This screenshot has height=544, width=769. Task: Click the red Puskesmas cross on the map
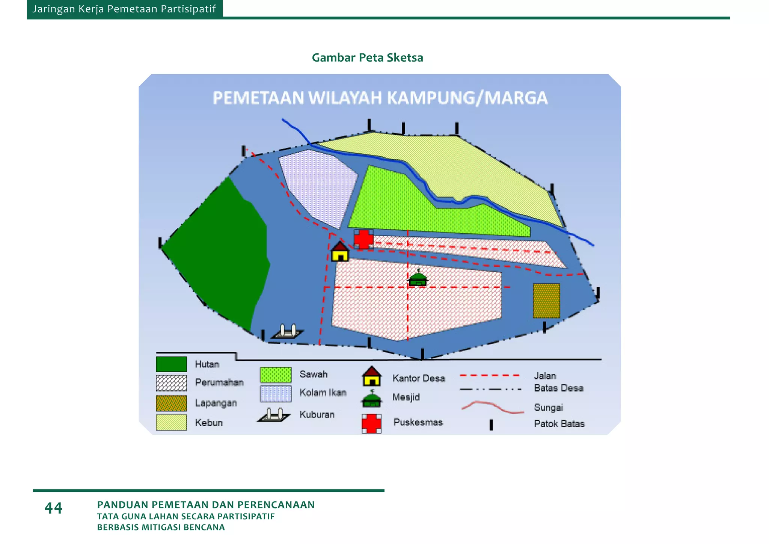(363, 239)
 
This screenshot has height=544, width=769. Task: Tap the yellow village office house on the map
(340, 252)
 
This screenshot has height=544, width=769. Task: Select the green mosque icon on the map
(418, 278)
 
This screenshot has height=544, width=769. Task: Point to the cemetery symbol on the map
(287, 332)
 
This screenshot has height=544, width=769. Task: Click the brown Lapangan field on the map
(546, 301)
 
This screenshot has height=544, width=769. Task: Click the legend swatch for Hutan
(171, 364)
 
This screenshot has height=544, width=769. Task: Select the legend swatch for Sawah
(276, 375)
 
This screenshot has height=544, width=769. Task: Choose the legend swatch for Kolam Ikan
(276, 394)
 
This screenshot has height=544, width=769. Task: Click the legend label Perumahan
(219, 382)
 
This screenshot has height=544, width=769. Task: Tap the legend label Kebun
(209, 423)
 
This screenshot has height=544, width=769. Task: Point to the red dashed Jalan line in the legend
(490, 375)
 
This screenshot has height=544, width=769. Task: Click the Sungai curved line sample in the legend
(492, 407)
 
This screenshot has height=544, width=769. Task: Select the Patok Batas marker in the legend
(491, 425)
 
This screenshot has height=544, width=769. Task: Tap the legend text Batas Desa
(559, 388)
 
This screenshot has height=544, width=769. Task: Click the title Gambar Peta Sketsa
(367, 57)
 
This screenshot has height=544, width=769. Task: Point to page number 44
(53, 508)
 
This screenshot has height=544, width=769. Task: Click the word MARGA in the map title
(516, 98)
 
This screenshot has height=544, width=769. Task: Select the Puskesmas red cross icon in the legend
(371, 423)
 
